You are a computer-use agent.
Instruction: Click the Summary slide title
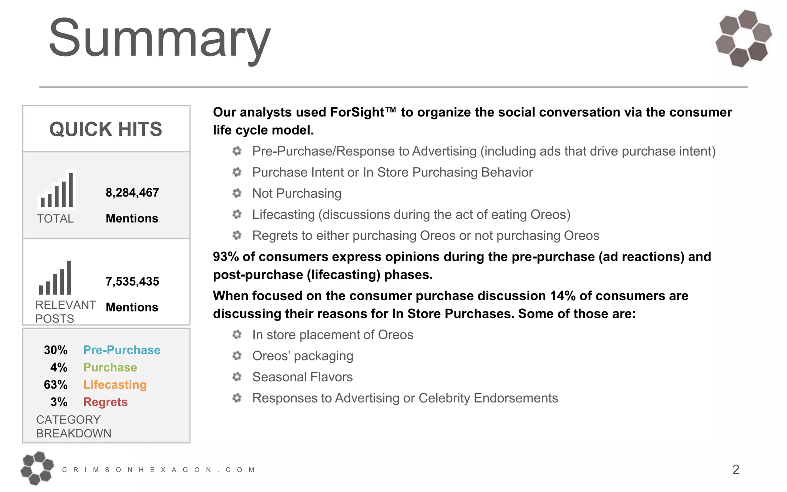[x=159, y=38]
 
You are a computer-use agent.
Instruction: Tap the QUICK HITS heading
[x=106, y=129]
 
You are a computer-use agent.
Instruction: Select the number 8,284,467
[x=132, y=193]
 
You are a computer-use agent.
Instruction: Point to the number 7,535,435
[x=132, y=281]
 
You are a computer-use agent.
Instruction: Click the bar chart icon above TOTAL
[x=57, y=191]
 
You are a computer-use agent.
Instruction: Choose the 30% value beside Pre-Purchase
[x=56, y=350]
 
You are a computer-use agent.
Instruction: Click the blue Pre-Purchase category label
[x=122, y=350]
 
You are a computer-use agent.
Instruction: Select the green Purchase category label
[x=110, y=367]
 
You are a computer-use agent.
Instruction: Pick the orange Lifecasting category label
[x=115, y=385]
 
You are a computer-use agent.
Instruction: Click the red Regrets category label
[x=105, y=402]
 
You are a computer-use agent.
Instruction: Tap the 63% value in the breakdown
[x=56, y=385]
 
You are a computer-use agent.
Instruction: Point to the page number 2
[x=736, y=469]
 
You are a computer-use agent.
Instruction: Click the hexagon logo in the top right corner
[x=744, y=38]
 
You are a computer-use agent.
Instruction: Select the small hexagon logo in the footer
[x=37, y=468]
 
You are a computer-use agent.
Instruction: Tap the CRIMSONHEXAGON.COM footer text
[x=158, y=470]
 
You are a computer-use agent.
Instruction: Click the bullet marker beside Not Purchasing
[x=237, y=193]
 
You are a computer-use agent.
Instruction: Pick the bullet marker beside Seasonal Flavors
[x=237, y=377]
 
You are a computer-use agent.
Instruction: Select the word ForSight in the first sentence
[x=357, y=112]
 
